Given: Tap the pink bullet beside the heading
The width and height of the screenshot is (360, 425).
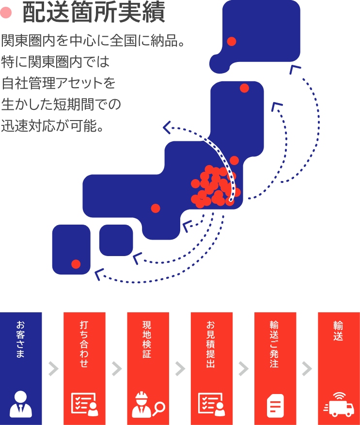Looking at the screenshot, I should (x=6, y=14).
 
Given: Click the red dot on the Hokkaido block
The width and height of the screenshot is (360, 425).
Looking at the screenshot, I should (x=232, y=41).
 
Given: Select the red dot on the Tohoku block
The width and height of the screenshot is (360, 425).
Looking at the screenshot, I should (x=244, y=88).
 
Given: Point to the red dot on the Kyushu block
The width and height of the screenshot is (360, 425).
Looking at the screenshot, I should (x=76, y=264).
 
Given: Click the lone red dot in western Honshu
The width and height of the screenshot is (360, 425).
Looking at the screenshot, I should (x=156, y=208).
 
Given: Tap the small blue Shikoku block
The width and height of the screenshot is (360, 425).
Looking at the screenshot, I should (x=116, y=240).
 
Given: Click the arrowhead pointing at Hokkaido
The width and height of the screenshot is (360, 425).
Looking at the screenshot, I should (x=294, y=69).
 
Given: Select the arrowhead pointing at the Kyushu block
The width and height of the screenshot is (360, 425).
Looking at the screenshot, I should (x=100, y=274).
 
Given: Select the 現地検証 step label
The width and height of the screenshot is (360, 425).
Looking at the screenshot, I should (x=147, y=339).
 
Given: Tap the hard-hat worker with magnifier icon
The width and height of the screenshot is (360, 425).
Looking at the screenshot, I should (x=148, y=406).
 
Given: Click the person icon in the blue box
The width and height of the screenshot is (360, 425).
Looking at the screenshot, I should (x=20, y=405).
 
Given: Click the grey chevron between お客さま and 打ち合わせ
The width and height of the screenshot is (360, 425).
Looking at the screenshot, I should (x=53, y=369).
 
